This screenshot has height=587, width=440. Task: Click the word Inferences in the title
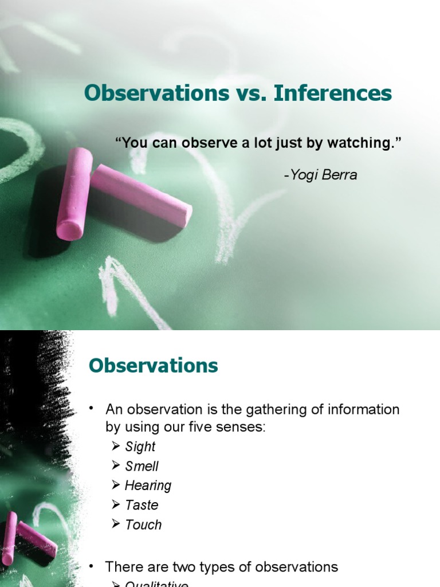(333, 93)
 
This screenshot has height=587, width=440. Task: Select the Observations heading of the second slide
(154, 366)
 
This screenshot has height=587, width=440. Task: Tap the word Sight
(140, 447)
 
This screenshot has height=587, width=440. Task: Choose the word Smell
(142, 466)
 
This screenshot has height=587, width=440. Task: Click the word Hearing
(148, 486)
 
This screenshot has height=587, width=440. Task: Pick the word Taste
(142, 505)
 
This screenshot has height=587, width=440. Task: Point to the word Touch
(144, 525)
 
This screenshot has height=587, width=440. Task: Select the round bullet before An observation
(91, 409)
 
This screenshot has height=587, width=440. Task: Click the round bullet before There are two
(91, 566)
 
